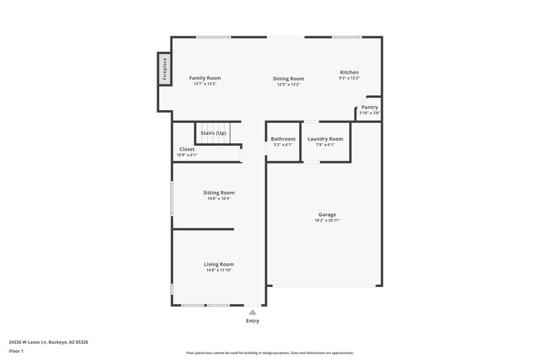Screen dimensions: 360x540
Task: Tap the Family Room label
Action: [205, 78]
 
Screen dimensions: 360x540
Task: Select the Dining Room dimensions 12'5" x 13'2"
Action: [288, 84]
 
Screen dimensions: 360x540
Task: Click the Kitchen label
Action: [349, 72]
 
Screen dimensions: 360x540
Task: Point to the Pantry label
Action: [369, 107]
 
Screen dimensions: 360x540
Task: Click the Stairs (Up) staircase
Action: [213, 134]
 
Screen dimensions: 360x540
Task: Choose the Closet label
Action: [187, 149]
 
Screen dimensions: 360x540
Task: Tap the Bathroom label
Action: [283, 138]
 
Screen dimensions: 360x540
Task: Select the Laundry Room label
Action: [325, 138]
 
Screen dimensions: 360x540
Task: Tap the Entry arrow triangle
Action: [252, 312]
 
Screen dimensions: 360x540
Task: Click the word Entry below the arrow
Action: [252, 321]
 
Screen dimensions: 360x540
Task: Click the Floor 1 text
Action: [17, 352]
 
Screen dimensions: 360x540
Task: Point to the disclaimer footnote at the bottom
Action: [269, 353]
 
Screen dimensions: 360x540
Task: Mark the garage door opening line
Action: [325, 286]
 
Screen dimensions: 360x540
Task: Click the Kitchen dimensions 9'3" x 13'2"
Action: [349, 78]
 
